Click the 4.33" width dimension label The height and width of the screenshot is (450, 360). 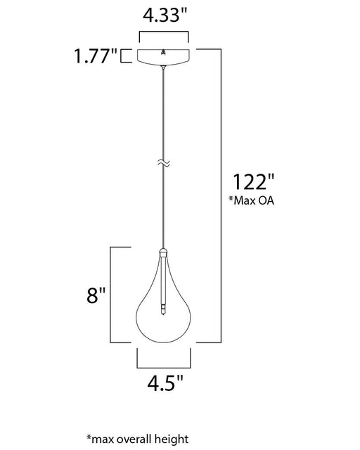[x=165, y=15]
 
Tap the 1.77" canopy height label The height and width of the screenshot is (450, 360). [x=96, y=56]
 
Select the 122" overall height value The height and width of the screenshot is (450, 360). [x=253, y=181]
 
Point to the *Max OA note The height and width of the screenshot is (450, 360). [x=251, y=200]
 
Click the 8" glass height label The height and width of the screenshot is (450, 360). [x=96, y=295]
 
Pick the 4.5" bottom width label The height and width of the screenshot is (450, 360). [x=165, y=382]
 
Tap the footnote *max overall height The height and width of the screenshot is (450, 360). [x=138, y=439]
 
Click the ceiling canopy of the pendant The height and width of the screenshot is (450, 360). [x=163, y=57]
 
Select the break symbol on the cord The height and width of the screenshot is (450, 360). [x=164, y=163]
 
